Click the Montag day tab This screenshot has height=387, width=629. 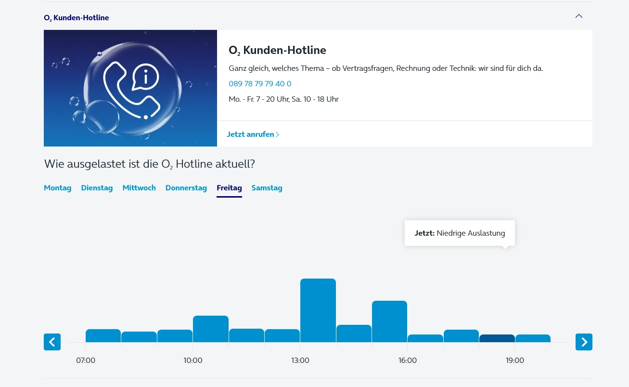pyautogui.click(x=57, y=188)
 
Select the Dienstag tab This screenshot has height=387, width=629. pyautogui.click(x=97, y=188)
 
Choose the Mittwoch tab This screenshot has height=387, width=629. pyautogui.click(x=139, y=188)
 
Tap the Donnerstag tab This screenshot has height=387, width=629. pyautogui.click(x=186, y=188)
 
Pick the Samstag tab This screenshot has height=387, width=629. pyautogui.click(x=267, y=188)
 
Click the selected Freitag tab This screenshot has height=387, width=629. pyautogui.click(x=229, y=188)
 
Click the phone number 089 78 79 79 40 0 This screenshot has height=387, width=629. pyautogui.click(x=260, y=84)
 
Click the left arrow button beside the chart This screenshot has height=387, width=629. pyautogui.click(x=52, y=342)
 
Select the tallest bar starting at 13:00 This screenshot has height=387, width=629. pyautogui.click(x=318, y=310)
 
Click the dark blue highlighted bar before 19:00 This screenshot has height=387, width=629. pyautogui.click(x=497, y=338)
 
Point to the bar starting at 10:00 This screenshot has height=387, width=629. pyautogui.click(x=211, y=329)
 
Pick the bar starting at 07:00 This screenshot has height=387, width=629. pyautogui.click(x=103, y=336)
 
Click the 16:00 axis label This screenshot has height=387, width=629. pyautogui.click(x=408, y=360)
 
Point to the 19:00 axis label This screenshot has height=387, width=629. pyautogui.click(x=515, y=360)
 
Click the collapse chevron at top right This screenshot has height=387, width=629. pyautogui.click(x=579, y=16)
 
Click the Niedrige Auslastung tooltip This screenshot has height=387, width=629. pyautogui.click(x=460, y=233)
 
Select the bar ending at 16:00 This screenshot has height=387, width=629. pyautogui.click(x=389, y=321)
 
